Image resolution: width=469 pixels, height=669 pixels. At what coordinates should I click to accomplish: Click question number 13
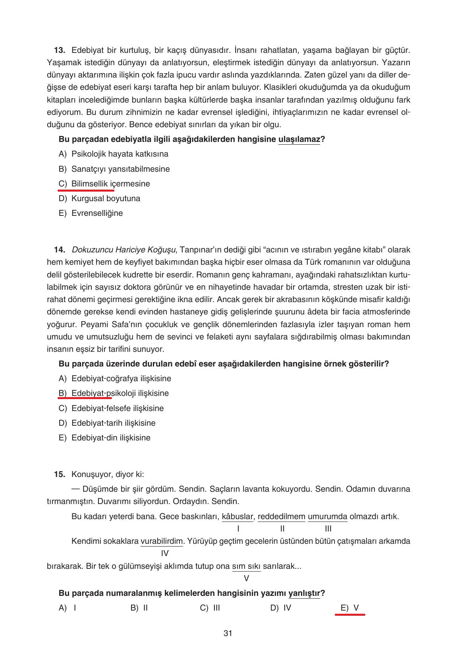pos(59,50)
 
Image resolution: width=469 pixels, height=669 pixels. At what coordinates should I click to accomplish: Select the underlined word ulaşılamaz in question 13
pos(299,139)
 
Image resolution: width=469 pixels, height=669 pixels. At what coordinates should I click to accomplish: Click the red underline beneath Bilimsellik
pos(86,190)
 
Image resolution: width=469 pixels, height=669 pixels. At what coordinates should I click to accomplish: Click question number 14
pos(59,250)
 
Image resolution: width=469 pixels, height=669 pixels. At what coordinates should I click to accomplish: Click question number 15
pos(59,474)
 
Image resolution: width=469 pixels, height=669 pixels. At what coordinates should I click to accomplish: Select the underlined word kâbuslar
pos(237,516)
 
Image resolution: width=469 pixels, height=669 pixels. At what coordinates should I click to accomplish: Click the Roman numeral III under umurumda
pos(328,529)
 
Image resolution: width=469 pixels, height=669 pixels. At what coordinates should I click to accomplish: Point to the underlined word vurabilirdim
pos(162,541)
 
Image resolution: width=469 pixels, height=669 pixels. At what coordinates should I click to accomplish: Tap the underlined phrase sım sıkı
pos(246,566)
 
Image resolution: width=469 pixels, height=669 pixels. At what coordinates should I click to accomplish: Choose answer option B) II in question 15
pos(139,608)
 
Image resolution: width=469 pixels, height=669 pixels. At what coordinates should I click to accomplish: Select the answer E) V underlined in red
pos(349,608)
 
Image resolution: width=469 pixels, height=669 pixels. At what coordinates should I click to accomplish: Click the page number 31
pos(228,633)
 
